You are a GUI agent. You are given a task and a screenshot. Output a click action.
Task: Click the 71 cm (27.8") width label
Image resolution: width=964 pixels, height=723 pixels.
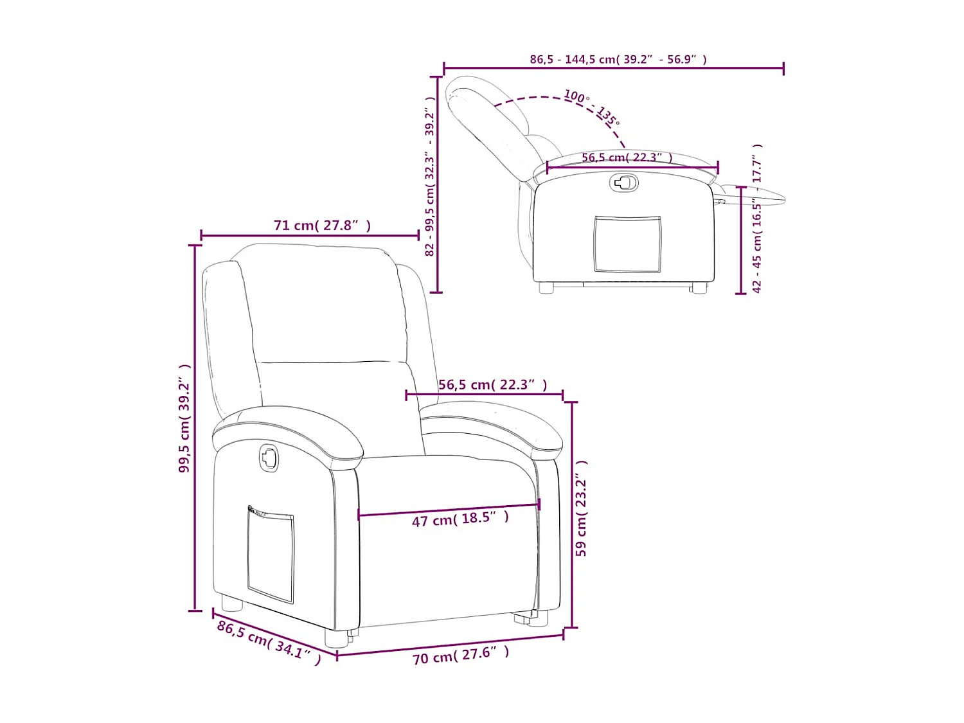[x=322, y=226]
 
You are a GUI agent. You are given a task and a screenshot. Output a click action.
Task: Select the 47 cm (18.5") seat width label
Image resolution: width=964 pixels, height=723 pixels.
[x=460, y=519]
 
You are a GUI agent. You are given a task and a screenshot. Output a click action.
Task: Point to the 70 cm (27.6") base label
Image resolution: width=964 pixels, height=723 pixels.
[x=460, y=655]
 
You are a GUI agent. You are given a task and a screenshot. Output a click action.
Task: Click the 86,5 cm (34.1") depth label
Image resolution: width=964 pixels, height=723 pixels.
[x=269, y=642]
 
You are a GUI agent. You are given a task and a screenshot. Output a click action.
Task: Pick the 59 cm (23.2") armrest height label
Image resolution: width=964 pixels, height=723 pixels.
[x=581, y=508]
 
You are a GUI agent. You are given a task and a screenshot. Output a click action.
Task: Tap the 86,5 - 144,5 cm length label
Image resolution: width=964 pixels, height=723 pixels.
[x=618, y=59]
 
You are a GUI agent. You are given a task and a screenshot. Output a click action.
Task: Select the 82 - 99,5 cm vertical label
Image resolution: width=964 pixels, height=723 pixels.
[x=430, y=177]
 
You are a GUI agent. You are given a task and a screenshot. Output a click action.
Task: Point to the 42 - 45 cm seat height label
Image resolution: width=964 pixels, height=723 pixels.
[x=757, y=219]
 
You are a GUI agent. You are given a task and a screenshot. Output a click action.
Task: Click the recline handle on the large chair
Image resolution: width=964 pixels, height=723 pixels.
[x=269, y=458]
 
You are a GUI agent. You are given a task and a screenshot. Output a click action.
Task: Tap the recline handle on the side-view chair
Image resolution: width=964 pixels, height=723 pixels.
[x=623, y=183]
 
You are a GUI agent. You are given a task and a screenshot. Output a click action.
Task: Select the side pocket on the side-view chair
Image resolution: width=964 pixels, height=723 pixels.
[x=627, y=244]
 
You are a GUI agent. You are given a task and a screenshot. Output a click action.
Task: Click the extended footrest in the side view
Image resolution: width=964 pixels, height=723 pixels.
[x=755, y=195]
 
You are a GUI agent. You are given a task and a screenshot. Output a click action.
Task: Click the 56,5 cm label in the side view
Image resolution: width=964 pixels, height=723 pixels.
[x=627, y=157]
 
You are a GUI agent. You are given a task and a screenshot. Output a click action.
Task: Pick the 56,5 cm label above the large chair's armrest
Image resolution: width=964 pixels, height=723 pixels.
[x=492, y=385]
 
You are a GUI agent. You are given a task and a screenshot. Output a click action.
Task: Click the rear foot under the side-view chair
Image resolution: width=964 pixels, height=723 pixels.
[x=546, y=288]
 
